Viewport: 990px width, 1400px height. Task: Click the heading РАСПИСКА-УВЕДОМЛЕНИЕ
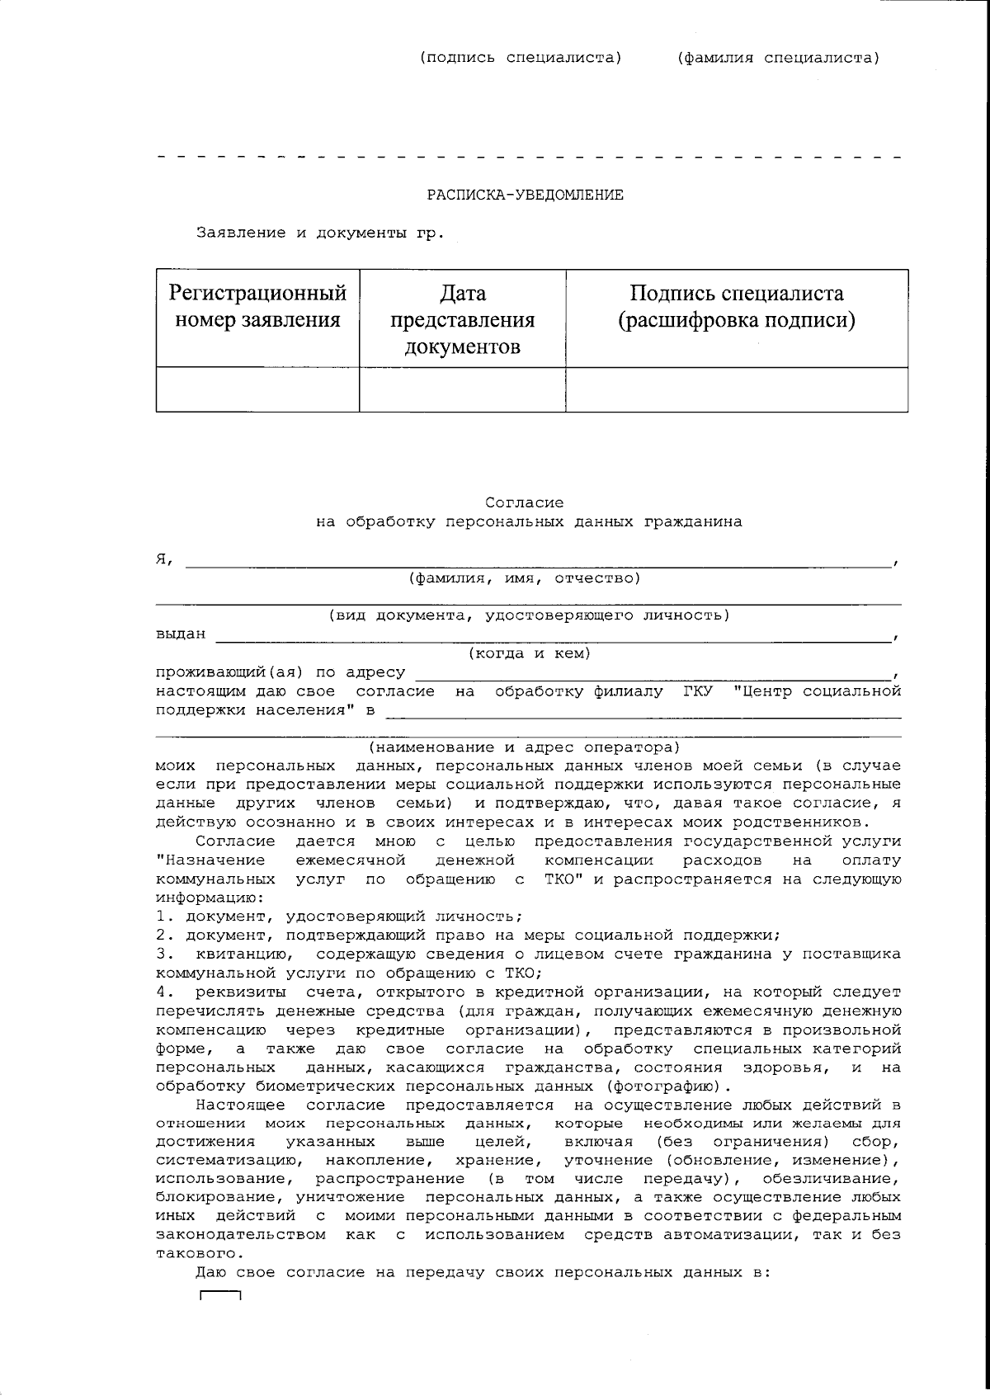point(525,195)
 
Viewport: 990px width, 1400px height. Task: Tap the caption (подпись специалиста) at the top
point(520,58)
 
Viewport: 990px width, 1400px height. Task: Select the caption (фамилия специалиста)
point(778,58)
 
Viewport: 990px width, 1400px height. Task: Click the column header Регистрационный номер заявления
point(257,306)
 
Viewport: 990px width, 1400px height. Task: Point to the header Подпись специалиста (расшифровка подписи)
point(737,306)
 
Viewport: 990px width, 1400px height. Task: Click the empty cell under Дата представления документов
point(462,389)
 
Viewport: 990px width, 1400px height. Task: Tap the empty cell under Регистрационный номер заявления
point(257,389)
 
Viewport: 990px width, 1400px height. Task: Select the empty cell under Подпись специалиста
point(737,389)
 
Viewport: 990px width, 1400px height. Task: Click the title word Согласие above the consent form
point(525,502)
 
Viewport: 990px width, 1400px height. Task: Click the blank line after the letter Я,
point(536,561)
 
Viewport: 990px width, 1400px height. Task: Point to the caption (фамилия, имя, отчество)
point(525,578)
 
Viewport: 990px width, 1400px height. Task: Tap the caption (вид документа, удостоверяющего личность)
point(528,615)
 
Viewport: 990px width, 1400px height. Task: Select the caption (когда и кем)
point(529,653)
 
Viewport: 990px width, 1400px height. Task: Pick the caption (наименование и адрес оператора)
point(524,747)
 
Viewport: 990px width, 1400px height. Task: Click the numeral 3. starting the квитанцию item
point(163,955)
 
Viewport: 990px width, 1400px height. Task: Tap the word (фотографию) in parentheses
point(664,1087)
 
